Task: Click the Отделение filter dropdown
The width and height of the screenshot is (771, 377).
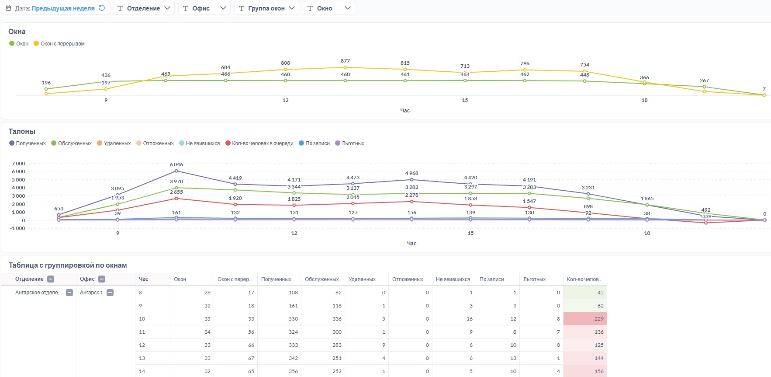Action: click(144, 8)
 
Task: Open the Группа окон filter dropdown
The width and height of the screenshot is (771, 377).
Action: click(266, 8)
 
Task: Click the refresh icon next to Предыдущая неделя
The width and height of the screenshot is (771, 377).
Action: click(102, 8)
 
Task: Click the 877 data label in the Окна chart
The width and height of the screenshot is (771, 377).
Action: click(345, 61)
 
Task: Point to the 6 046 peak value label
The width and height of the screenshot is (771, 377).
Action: click(176, 164)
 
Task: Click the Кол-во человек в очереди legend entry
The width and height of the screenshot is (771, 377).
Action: click(259, 143)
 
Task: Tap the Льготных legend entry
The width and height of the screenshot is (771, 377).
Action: click(349, 143)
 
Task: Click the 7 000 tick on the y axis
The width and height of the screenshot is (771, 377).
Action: click(18, 164)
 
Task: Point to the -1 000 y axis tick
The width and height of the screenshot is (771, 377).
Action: click(17, 228)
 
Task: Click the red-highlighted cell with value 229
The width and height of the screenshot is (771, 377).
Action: click(585, 319)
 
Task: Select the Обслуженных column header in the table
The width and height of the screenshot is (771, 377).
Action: click(322, 279)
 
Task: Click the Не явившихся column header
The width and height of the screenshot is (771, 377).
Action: click(453, 279)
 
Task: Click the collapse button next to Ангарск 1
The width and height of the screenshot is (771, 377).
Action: click(110, 293)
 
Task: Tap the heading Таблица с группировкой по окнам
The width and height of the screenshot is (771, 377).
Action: click(68, 265)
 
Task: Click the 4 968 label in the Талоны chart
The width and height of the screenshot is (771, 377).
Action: click(411, 173)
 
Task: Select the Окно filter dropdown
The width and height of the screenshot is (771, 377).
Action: click(328, 8)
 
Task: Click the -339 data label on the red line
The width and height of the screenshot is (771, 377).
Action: click(706, 216)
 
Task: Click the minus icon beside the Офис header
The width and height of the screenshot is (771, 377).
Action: click(102, 279)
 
